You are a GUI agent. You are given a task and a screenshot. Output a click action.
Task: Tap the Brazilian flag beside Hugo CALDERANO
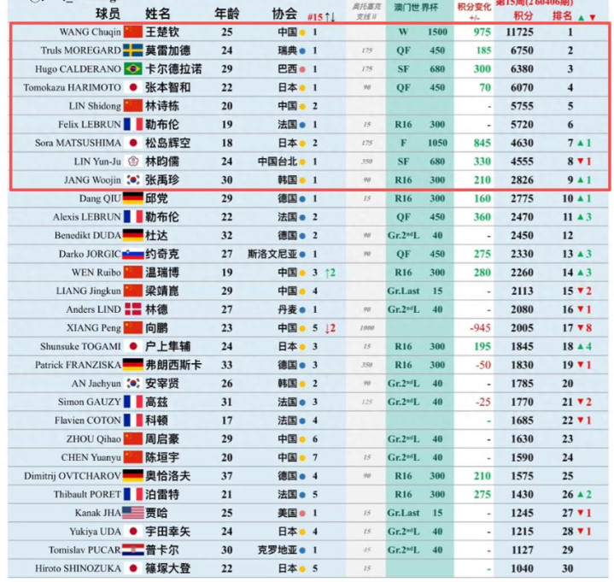tap(132, 69)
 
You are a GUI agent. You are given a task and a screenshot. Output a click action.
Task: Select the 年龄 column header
tap(225, 14)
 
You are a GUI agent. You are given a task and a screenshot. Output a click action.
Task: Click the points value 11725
tap(520, 32)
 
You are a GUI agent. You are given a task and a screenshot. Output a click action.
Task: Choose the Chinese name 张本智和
tap(167, 88)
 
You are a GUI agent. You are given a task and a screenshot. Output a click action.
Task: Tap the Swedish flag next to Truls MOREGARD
tap(132, 50)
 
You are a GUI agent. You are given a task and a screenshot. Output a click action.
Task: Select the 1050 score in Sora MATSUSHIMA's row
tap(437, 144)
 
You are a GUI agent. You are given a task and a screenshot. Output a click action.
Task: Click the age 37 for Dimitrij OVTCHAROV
tap(226, 475)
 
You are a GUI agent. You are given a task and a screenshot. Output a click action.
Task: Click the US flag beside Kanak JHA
tap(132, 513)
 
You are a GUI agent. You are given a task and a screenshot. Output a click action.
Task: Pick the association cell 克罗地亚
tap(279, 550)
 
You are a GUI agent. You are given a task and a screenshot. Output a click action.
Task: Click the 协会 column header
tap(284, 14)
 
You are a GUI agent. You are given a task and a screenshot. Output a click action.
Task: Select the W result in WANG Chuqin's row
tap(403, 32)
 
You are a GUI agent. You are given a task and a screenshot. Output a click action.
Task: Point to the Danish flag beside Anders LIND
tap(132, 309)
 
